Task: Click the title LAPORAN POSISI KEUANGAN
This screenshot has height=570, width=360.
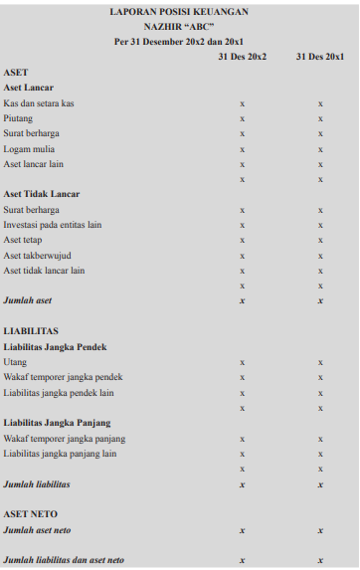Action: pyautogui.click(x=179, y=12)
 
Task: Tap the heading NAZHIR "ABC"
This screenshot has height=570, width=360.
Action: pyautogui.click(x=179, y=27)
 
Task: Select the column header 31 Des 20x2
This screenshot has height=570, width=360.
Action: pyautogui.click(x=242, y=57)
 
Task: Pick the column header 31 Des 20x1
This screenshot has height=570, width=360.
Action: pyautogui.click(x=319, y=57)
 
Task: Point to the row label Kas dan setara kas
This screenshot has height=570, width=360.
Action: pyautogui.click(x=39, y=103)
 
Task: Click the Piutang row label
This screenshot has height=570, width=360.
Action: pyautogui.click(x=18, y=118)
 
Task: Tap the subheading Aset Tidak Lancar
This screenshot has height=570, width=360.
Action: pyautogui.click(x=42, y=194)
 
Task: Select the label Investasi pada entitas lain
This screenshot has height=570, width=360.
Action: pyautogui.click(x=54, y=225)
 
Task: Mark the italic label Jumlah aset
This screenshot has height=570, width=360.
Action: pyautogui.click(x=28, y=299)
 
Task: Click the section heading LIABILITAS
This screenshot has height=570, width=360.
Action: pyautogui.click(x=31, y=331)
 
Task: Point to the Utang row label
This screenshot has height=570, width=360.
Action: pyautogui.click(x=15, y=362)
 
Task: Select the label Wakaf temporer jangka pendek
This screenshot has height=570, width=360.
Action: pyautogui.click(x=63, y=377)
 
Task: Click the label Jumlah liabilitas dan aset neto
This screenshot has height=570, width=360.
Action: pyautogui.click(x=64, y=561)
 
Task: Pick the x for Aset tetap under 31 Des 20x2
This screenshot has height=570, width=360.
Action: pyautogui.click(x=242, y=240)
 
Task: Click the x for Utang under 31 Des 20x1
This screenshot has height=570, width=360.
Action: pyautogui.click(x=319, y=362)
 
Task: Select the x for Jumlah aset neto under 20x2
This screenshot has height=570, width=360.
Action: pyautogui.click(x=242, y=530)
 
